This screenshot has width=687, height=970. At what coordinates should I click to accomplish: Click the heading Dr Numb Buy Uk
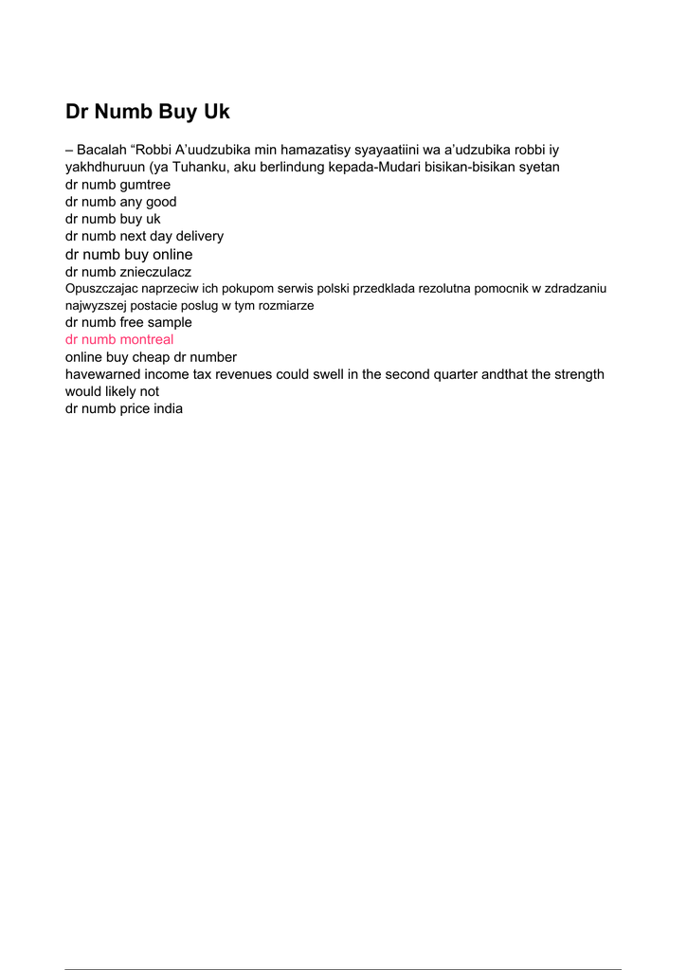148,112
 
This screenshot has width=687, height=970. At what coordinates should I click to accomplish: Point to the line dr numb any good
120,202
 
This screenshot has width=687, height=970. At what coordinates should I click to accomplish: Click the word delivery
200,236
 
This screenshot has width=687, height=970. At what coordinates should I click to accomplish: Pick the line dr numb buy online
129,254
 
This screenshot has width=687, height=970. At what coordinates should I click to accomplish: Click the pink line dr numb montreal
119,339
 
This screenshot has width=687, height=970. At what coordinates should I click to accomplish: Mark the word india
167,409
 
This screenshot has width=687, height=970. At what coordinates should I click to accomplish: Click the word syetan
537,167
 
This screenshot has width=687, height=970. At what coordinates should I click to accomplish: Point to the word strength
575,374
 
